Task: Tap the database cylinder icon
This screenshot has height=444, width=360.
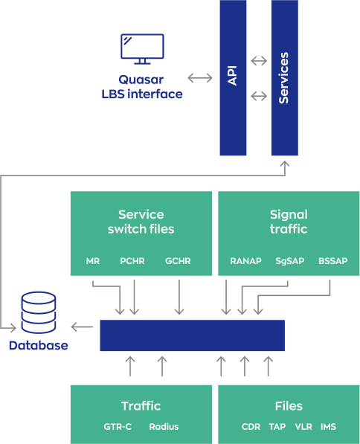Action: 39,312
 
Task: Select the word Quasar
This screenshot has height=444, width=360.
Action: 141,80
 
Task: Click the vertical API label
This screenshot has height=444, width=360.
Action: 232,76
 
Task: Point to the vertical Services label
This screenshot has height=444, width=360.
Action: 283,78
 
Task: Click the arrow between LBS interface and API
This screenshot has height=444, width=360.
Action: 200,78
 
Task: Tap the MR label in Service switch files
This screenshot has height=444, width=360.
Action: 93,261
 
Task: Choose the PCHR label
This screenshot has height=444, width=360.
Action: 132,261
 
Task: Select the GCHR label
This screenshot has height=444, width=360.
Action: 178,261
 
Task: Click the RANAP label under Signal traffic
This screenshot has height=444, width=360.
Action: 246,261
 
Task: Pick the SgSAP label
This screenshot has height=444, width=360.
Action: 290,261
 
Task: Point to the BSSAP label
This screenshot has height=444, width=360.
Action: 332,261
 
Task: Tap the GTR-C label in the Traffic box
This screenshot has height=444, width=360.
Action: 118,426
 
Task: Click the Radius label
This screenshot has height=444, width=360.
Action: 164,426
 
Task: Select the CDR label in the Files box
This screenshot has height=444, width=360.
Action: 251,426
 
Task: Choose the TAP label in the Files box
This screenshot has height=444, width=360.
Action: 277,426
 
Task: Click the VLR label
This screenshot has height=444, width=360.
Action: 303,426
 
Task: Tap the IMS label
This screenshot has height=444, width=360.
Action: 328,426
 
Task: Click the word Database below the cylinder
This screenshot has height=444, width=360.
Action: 39,346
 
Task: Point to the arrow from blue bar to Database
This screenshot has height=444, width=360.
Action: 82,327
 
